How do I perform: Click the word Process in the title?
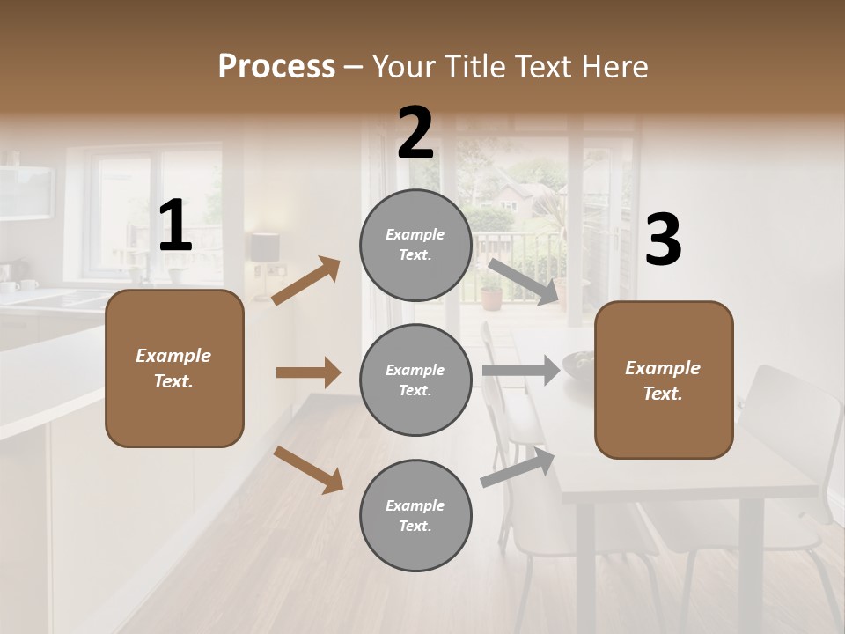pyautogui.click(x=276, y=66)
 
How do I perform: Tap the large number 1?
pyautogui.click(x=174, y=226)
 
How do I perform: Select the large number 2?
pyautogui.click(x=415, y=133)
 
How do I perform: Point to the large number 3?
pyautogui.click(x=663, y=240)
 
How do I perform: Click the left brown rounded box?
pyautogui.click(x=174, y=368)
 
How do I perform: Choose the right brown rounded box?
pyautogui.click(x=664, y=380)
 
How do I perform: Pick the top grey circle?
pyautogui.click(x=415, y=245)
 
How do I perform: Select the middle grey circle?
pyautogui.click(x=415, y=380)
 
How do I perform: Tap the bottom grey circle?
pyautogui.click(x=415, y=515)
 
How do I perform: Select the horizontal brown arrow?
pyautogui.click(x=308, y=372)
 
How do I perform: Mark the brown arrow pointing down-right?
pyautogui.click(x=308, y=469)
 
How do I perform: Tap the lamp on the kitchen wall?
pyautogui.click(x=264, y=249)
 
